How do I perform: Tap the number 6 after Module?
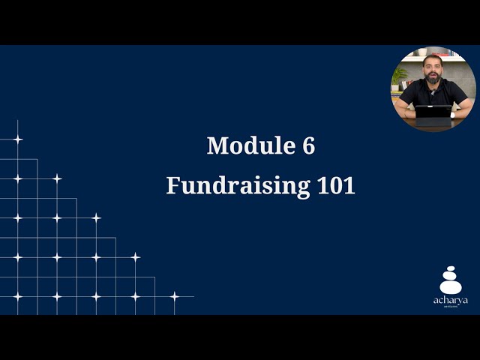pos(308,145)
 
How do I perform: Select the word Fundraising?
pos(235,185)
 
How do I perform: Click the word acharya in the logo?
pos(451,300)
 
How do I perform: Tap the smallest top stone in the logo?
pos(451,269)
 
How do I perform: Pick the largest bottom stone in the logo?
pos(451,286)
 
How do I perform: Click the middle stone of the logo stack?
pos(451,276)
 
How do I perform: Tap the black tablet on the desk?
pos(433,112)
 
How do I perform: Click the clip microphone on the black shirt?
pos(433,92)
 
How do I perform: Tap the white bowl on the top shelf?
pos(422,52)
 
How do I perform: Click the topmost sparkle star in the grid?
pos(17,139)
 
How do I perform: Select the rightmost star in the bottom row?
pos(174,296)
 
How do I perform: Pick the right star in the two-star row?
pos(56,178)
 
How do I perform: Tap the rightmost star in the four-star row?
pos(135,257)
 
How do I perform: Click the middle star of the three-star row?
pos(56,218)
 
